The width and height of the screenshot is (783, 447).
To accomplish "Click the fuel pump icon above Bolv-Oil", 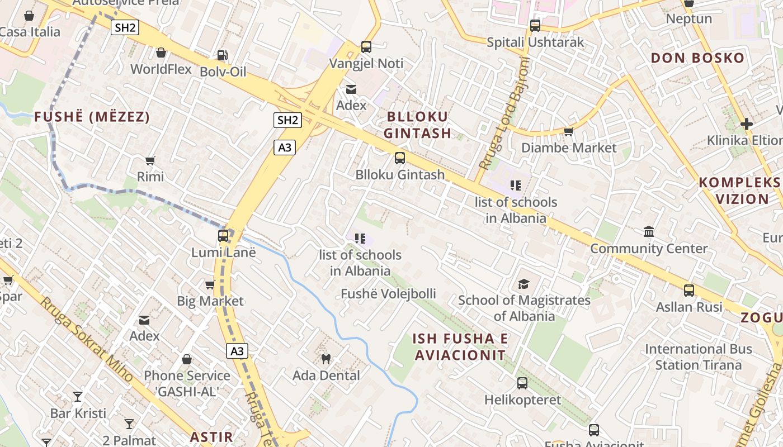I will pos(222,55).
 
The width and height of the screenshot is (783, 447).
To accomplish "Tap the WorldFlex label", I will pos(161,69).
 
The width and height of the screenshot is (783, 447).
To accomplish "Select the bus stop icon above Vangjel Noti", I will pos(366,47).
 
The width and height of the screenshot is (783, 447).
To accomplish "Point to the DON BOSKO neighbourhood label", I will pos(698,58).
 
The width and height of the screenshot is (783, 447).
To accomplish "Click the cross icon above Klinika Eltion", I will pos(747,123).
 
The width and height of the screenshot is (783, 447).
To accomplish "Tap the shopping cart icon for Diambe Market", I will pos(569,131).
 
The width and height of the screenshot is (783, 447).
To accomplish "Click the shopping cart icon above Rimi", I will pos(150,161).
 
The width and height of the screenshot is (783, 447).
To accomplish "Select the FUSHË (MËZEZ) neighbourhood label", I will pos(92,117).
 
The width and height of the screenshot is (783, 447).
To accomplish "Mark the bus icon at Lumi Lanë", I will pos(223,236).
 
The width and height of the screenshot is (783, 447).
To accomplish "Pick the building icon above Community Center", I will pos(649,231).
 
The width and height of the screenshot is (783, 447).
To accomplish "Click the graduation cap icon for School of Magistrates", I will pos(523,284).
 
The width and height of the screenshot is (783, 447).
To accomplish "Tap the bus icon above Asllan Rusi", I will pos(689,291).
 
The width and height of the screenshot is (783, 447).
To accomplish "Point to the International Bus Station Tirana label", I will pos(698,357).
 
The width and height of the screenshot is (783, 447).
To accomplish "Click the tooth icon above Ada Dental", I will pos(326,359).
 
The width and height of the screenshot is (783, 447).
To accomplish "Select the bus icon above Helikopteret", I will pos(522,383).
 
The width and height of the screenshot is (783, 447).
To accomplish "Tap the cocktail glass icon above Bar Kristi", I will pos(78,397).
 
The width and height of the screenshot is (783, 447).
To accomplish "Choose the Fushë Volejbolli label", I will pos(388,294).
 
